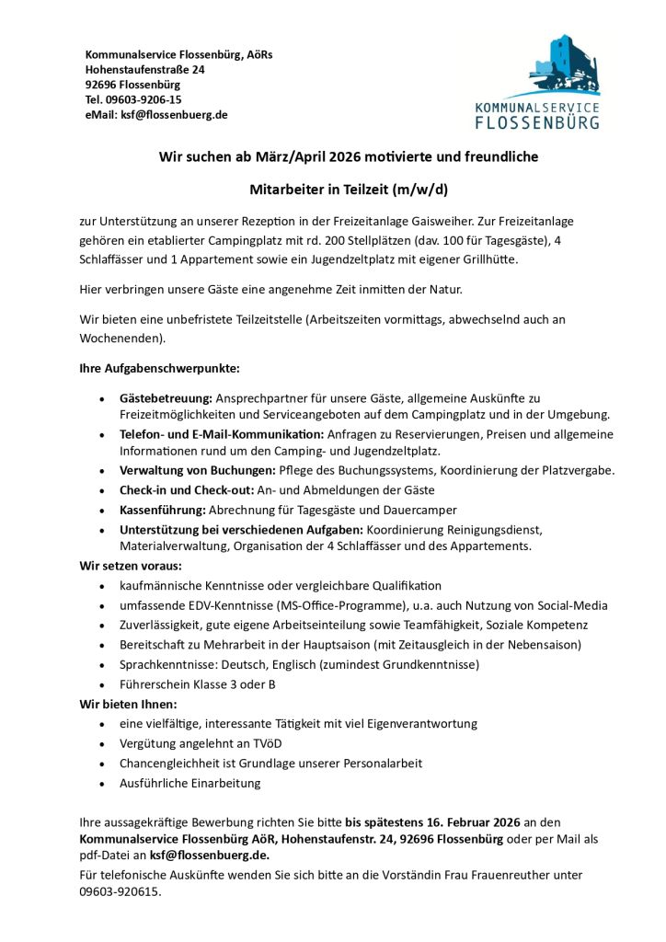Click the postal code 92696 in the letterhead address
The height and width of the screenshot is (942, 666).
pos(102,85)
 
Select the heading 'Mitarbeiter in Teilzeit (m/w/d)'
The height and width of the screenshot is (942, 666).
pos(349,190)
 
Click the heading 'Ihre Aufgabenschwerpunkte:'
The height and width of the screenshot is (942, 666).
pos(159,369)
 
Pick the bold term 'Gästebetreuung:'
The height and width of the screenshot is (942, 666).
pos(166,398)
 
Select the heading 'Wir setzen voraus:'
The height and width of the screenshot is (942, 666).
pos(131,566)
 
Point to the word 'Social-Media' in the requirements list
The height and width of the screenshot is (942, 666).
pos(571,605)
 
